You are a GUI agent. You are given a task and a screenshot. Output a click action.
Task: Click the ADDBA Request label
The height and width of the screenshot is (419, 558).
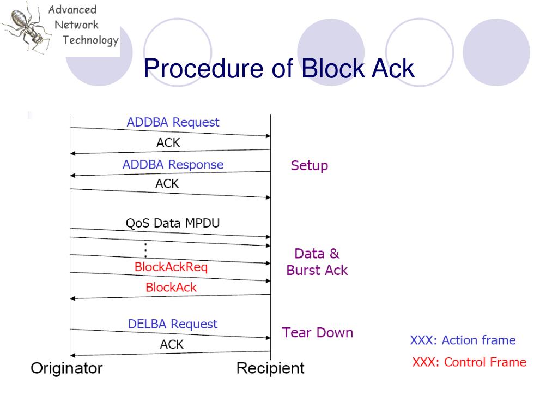(x=173, y=122)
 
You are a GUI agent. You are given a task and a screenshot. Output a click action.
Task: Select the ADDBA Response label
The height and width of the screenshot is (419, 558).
(x=173, y=164)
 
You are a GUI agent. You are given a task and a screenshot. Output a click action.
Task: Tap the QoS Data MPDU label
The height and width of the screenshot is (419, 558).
(x=173, y=223)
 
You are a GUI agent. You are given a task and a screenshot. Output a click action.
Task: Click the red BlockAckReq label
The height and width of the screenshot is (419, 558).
(x=171, y=267)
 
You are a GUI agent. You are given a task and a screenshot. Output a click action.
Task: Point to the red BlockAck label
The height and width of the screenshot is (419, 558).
(x=171, y=287)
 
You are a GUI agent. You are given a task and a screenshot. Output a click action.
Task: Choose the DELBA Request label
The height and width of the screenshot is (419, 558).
(x=173, y=324)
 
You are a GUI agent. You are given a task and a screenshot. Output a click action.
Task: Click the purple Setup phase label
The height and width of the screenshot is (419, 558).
(x=310, y=165)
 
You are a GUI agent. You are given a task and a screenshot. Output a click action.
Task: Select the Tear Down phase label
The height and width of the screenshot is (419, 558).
(x=317, y=332)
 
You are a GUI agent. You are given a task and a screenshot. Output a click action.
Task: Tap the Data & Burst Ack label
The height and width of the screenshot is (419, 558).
(x=317, y=262)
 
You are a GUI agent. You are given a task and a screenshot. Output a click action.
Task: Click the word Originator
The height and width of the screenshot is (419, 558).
(x=66, y=368)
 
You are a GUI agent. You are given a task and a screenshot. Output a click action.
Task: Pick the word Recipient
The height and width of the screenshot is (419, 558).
(x=270, y=368)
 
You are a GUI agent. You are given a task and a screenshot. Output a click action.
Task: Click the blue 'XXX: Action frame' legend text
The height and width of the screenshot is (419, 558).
(x=463, y=340)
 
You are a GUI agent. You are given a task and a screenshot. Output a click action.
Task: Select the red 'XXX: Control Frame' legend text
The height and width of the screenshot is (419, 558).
(x=469, y=362)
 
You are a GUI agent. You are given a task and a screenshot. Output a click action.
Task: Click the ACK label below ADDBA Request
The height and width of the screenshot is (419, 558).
(x=168, y=143)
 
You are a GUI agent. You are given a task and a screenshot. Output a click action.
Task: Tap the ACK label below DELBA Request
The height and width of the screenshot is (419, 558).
(x=172, y=344)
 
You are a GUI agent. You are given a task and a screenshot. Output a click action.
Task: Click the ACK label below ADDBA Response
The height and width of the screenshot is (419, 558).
(x=167, y=184)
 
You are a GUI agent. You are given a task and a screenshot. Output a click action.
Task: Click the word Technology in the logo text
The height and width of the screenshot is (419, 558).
(x=90, y=40)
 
